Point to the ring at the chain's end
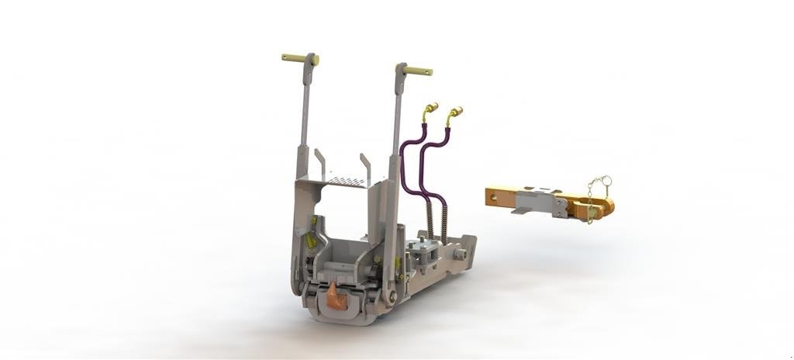(606, 182)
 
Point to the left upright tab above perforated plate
(318, 161)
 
